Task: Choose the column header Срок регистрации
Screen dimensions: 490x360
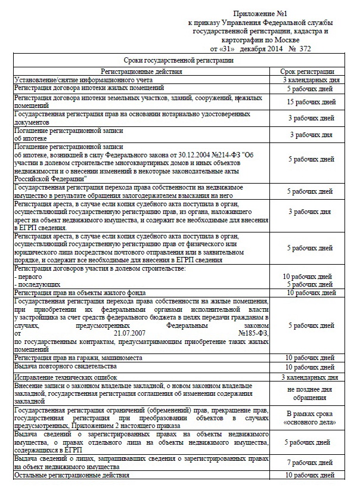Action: pos(311,71)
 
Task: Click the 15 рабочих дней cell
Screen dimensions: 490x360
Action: pos(311,102)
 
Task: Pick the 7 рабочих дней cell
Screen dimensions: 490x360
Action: pos(311,463)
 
